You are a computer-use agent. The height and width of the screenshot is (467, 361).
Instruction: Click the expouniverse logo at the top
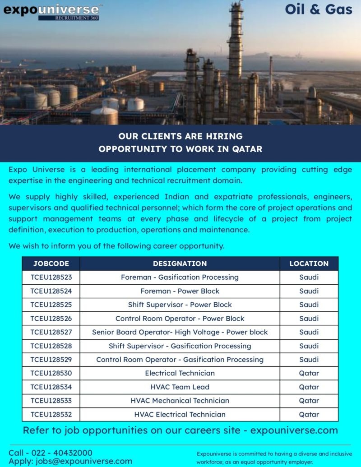tap(51, 11)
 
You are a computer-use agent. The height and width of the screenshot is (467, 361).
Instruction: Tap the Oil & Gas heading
tap(319, 9)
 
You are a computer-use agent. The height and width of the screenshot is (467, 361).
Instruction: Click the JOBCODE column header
tap(51, 264)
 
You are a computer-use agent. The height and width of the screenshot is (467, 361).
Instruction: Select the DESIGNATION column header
tap(180, 264)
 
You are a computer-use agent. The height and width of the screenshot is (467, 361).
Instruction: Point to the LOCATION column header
tap(309, 264)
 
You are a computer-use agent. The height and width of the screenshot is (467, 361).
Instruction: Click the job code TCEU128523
tap(51, 277)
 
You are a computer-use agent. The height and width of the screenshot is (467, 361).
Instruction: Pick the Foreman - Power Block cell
tap(180, 291)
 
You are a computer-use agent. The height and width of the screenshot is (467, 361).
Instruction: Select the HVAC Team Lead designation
tap(180, 387)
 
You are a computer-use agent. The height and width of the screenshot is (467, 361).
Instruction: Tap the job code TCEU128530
tap(51, 373)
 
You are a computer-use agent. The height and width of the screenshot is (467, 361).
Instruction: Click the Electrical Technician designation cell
tap(180, 373)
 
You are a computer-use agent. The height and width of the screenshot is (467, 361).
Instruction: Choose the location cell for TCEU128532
tap(309, 414)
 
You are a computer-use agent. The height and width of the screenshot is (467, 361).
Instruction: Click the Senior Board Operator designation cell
tap(180, 332)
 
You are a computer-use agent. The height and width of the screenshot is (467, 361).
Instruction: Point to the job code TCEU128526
tap(51, 318)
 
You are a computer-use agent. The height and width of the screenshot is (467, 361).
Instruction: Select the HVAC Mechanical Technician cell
tap(180, 400)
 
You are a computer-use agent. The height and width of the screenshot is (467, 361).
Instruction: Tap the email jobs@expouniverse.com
tap(83, 461)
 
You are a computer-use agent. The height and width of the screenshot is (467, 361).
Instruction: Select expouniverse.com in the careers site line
tap(294, 430)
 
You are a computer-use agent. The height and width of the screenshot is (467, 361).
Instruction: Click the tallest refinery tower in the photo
tap(235, 54)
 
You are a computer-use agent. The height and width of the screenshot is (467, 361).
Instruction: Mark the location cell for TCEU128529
tap(309, 360)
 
